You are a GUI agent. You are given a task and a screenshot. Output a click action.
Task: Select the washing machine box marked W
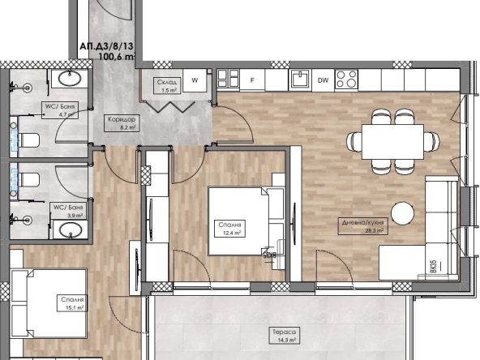point(195,79)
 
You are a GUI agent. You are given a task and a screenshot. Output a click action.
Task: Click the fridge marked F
point(252,79)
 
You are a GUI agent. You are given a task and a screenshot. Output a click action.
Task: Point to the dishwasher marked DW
point(323,79)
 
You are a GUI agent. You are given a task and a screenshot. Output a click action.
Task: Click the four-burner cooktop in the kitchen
point(346,79)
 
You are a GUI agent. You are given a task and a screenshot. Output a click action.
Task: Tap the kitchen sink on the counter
point(299,79)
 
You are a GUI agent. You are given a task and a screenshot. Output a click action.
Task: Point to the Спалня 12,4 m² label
point(230,228)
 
